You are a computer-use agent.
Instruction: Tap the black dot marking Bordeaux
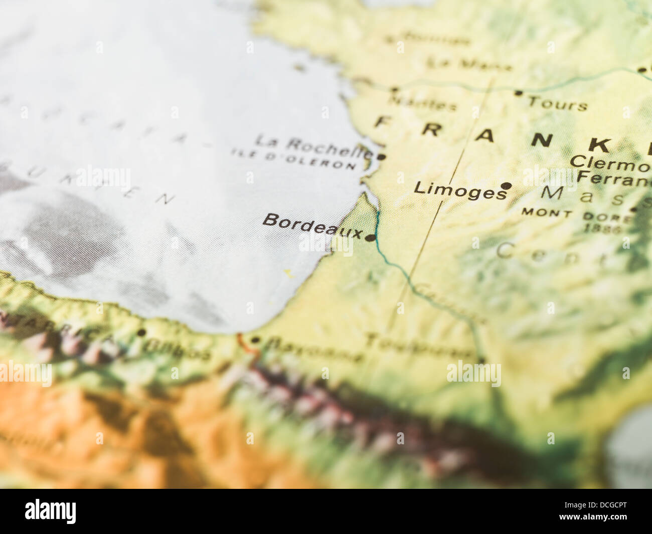370,238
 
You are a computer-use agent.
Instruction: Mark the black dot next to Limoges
507,186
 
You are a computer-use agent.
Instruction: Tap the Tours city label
557,103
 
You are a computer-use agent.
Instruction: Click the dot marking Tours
519,93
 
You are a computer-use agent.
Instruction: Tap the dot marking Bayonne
255,340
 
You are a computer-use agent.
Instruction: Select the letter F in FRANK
384,122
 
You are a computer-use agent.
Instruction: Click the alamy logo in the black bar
51,511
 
